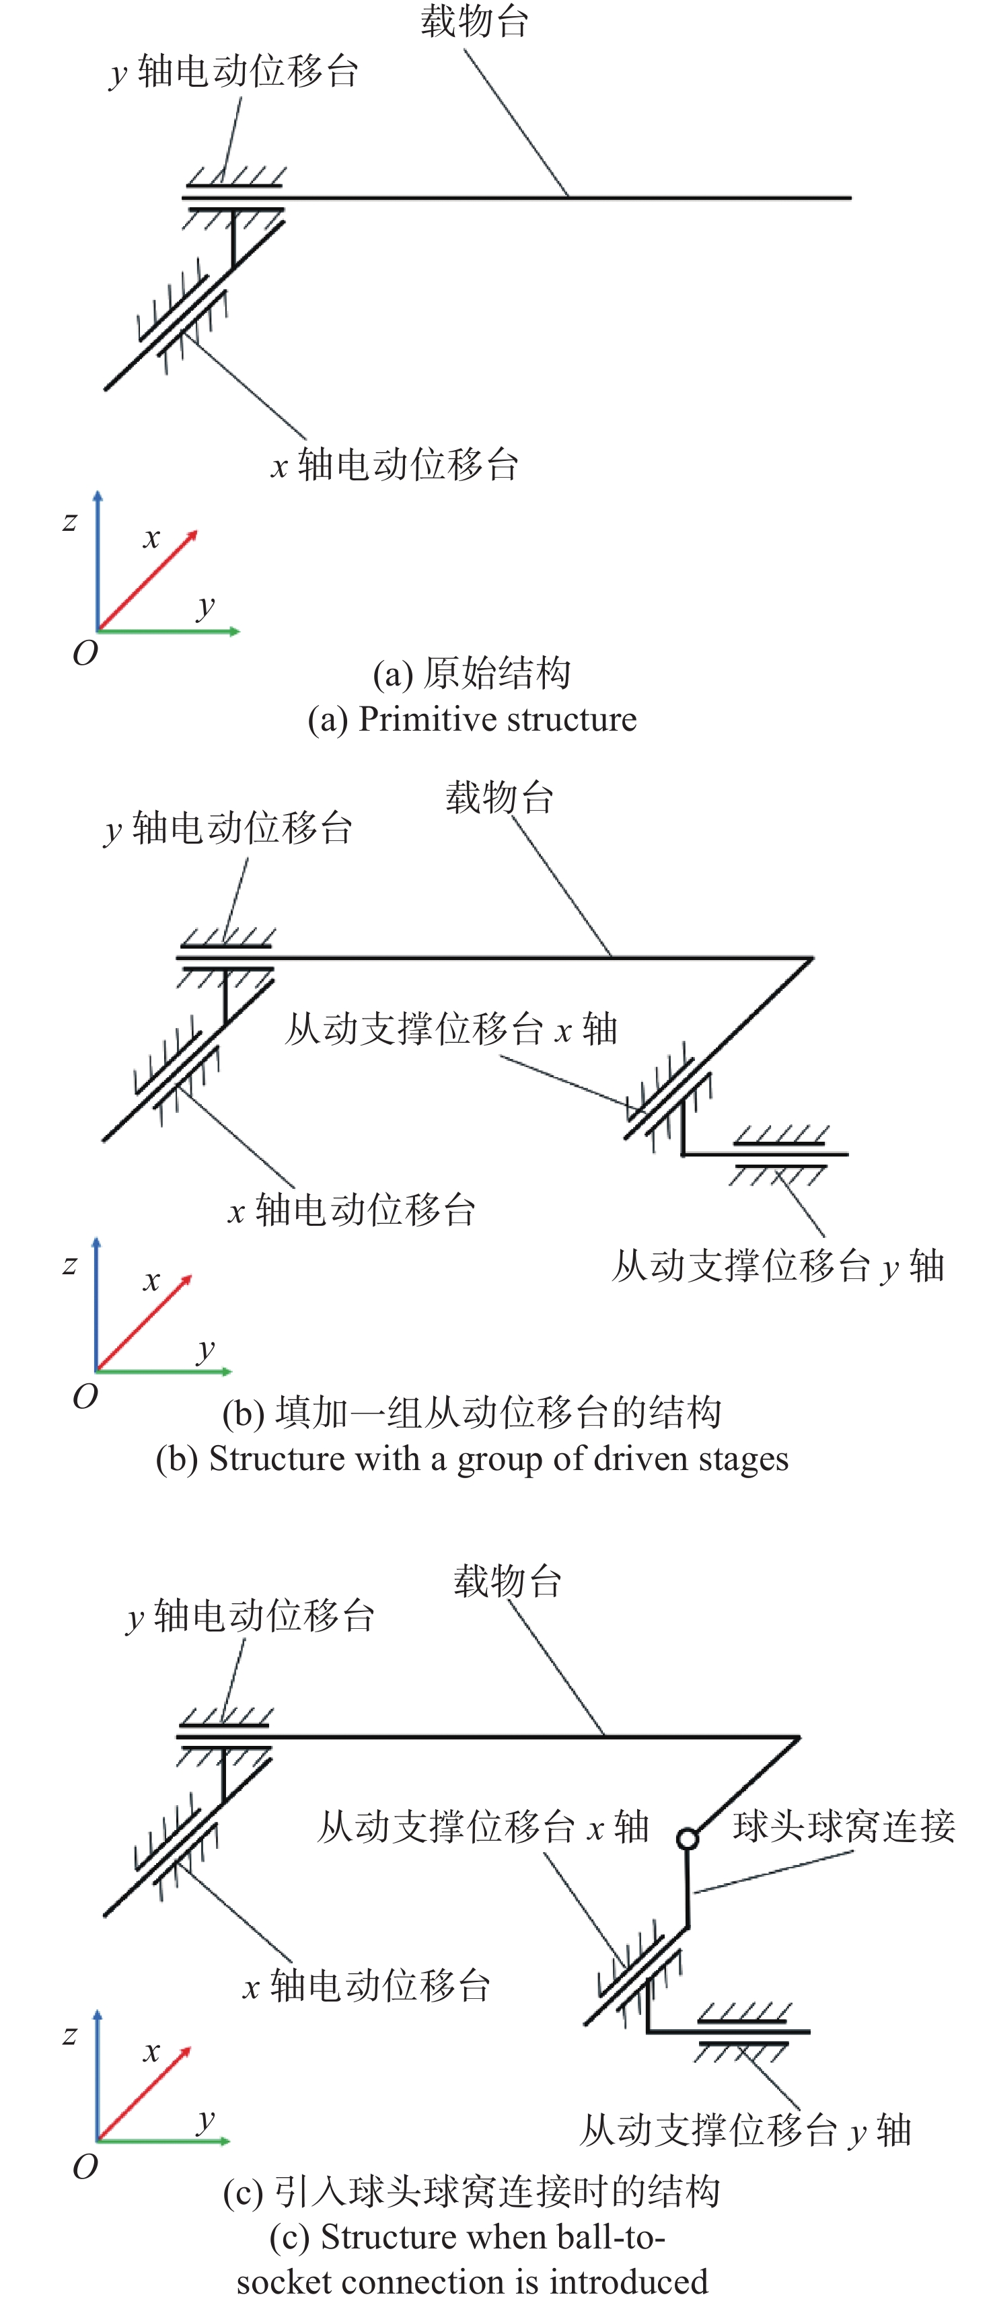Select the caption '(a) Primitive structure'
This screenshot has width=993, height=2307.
click(x=472, y=719)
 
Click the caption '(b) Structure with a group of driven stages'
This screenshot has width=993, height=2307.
click(x=472, y=1459)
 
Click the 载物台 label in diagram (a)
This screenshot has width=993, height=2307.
click(x=474, y=22)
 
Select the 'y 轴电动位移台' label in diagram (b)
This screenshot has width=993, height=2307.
click(x=228, y=828)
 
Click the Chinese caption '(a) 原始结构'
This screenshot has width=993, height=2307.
click(x=472, y=673)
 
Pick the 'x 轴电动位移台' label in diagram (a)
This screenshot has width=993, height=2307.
click(x=395, y=465)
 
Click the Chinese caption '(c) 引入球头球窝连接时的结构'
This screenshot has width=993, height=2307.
click(x=472, y=2191)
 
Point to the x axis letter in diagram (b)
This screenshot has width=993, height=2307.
click(x=151, y=1281)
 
